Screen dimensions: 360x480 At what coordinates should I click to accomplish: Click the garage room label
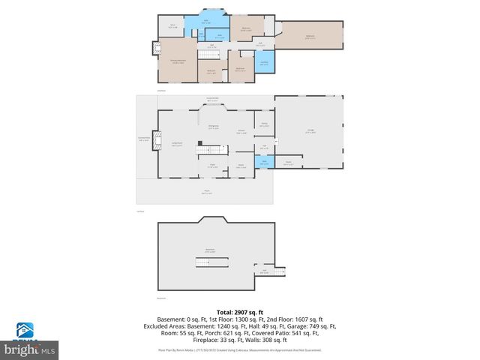click(310, 132)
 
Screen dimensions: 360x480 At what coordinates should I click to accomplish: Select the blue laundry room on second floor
click(264, 63)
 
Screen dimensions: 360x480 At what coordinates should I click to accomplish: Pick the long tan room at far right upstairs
click(310, 37)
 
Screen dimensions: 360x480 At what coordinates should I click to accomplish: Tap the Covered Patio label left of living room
click(144, 139)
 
